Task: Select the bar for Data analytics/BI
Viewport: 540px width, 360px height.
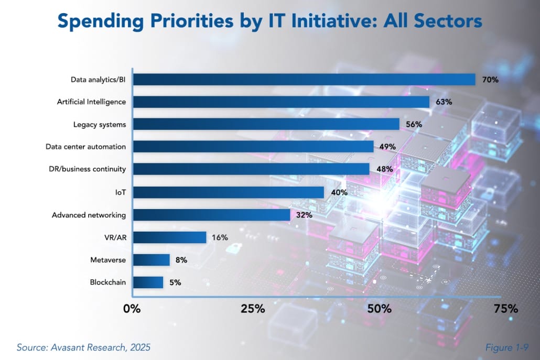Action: (304, 79)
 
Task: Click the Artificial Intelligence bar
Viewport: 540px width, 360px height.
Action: (281, 102)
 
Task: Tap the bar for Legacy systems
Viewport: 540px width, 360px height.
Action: (266, 124)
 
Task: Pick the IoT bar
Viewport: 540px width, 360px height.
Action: (228, 192)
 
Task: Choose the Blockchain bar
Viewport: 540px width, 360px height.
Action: (148, 282)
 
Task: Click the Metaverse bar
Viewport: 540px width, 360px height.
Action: (151, 260)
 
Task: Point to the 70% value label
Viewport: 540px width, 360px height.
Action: (490, 80)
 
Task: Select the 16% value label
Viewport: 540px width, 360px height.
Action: (220, 237)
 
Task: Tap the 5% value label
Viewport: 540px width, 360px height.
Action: (175, 282)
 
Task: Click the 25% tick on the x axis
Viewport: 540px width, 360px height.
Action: (253, 309)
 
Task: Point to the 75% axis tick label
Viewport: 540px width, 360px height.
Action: (505, 309)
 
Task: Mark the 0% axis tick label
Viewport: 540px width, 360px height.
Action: (132, 309)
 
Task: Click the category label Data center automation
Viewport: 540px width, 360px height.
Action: (85, 147)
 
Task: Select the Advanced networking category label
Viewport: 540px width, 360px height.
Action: (89, 215)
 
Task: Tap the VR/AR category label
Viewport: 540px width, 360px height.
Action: (115, 237)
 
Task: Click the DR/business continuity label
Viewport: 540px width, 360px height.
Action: (85, 169)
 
